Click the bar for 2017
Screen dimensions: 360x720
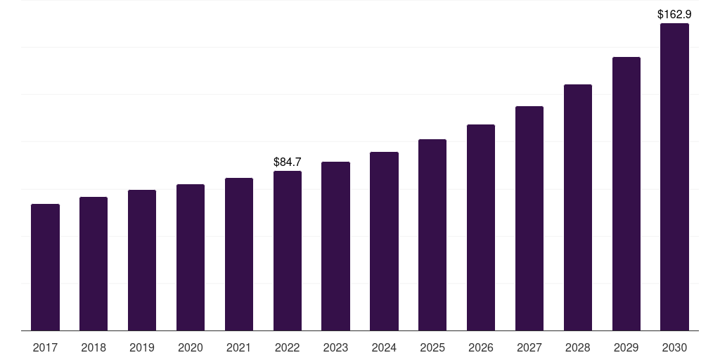click(45, 267)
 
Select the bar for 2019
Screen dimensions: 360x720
click(142, 260)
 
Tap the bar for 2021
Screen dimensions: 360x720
click(239, 254)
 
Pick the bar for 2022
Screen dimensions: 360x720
click(288, 250)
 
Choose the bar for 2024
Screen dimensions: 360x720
click(384, 241)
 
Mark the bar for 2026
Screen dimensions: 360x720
click(481, 227)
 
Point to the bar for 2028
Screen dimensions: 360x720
click(578, 207)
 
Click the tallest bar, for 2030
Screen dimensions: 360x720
click(674, 176)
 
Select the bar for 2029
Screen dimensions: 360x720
click(626, 193)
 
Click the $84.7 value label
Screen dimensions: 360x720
click(288, 162)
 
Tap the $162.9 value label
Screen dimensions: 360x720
click(674, 14)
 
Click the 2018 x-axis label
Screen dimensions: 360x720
click(94, 347)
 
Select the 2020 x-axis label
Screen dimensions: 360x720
click(191, 347)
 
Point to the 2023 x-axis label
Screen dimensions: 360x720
click(335, 347)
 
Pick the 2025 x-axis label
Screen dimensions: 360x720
click(432, 347)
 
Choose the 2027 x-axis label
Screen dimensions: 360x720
click(529, 347)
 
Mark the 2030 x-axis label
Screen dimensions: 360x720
click(674, 347)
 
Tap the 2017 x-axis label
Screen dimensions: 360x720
click(45, 347)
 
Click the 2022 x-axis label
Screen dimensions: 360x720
click(288, 347)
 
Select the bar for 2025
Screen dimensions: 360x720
click(432, 235)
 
